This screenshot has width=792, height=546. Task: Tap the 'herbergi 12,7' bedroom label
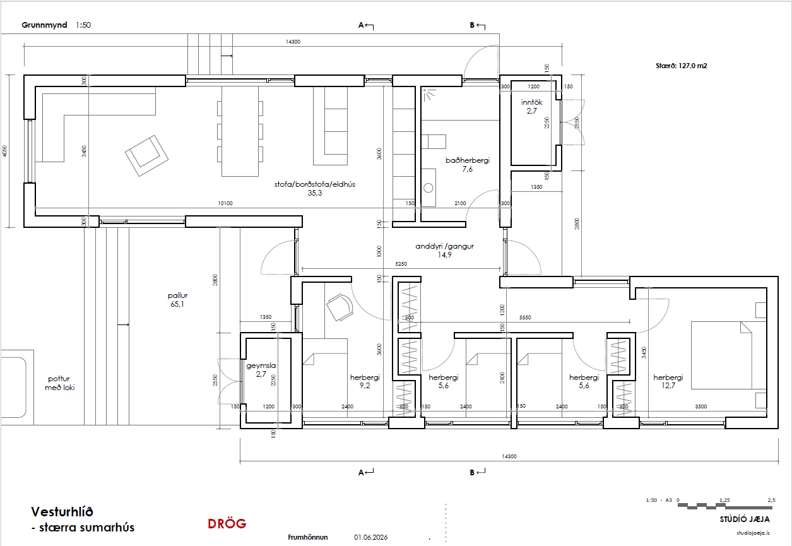click(668, 381)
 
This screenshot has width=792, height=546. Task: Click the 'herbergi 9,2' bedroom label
click(365, 381)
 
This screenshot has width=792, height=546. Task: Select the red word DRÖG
click(227, 524)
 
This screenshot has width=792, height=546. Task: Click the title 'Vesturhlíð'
click(62, 512)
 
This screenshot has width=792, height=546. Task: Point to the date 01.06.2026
click(370, 537)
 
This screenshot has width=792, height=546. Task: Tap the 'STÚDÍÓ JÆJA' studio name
click(745, 519)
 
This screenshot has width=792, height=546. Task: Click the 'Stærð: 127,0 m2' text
click(682, 66)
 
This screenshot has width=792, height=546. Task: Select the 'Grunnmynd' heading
click(44, 25)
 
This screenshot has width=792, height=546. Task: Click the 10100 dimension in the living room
click(225, 203)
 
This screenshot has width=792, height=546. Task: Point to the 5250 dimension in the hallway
click(401, 264)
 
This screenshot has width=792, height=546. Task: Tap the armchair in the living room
click(146, 156)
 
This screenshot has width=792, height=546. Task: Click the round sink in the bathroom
click(428, 187)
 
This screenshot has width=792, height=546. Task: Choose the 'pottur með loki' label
click(60, 383)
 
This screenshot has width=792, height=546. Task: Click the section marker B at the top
click(471, 25)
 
